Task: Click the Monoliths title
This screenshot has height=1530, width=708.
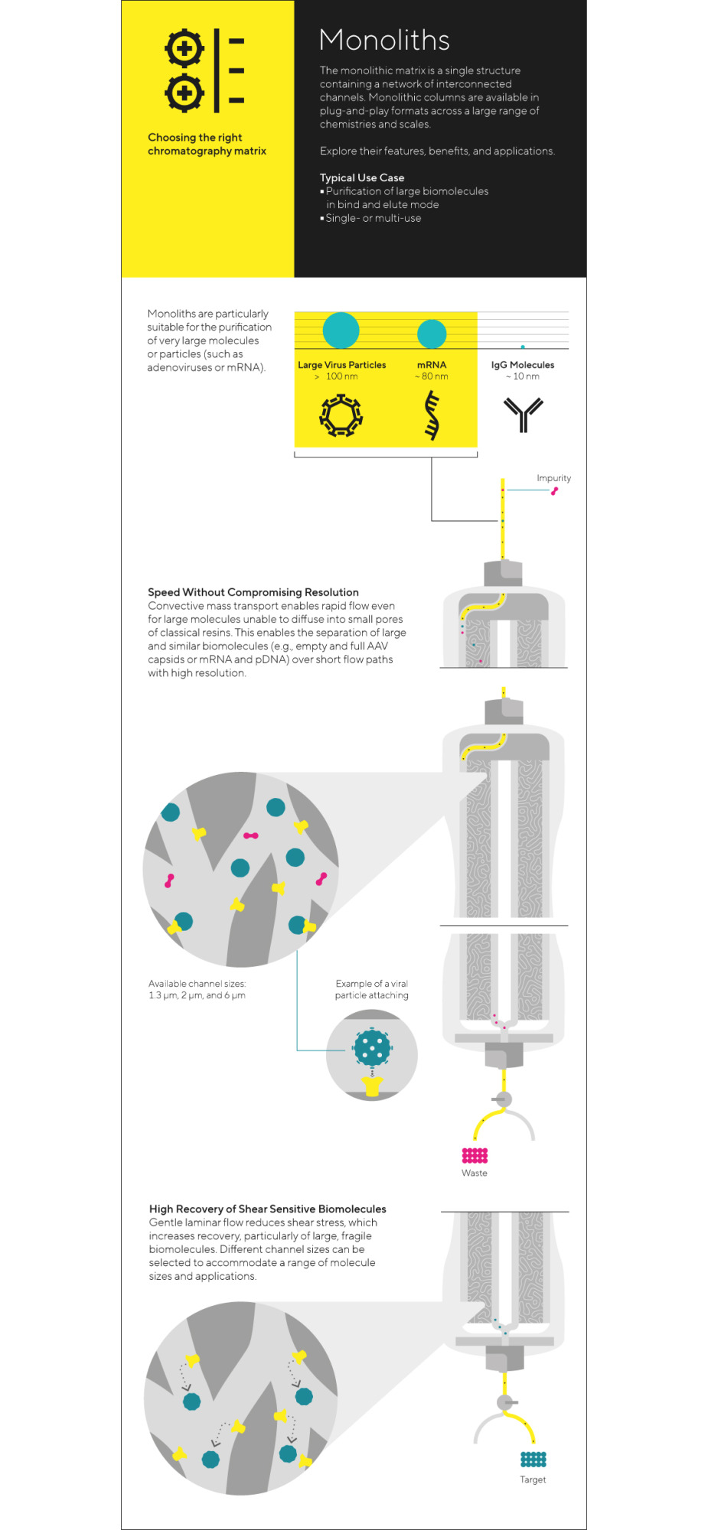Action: pos(384,40)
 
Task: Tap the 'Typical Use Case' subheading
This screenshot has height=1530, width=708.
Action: pos(362,177)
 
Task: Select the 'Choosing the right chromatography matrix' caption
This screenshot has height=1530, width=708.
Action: pos(207,145)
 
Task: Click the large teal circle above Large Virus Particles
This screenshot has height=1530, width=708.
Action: pos(341,330)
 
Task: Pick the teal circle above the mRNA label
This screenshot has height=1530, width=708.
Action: pos(432,334)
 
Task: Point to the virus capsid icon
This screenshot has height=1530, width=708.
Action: pos(341,415)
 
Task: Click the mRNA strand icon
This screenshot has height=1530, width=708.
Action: pos(432,415)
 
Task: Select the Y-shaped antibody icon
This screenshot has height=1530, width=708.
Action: pos(523,414)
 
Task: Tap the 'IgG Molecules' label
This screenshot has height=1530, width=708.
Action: pos(523,365)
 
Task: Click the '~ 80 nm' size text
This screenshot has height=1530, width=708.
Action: pos(432,376)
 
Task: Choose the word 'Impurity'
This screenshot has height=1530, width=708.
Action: pos(553,478)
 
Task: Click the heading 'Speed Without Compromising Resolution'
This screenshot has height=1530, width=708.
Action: pos(253,592)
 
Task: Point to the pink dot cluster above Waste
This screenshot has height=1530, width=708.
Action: pos(475,1155)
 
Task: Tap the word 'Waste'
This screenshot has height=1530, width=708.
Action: pos(475,1173)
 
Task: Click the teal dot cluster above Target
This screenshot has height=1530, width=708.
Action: pos(533,1459)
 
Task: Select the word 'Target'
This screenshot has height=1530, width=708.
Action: pos(533,1480)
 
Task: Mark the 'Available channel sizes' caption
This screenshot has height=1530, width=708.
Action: pos(197,989)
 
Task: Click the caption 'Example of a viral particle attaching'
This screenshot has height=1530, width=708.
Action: pos(371,989)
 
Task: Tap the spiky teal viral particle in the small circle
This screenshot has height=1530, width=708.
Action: pos(373,1047)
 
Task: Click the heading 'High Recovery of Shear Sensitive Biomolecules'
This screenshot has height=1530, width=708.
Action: pos(267,1209)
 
